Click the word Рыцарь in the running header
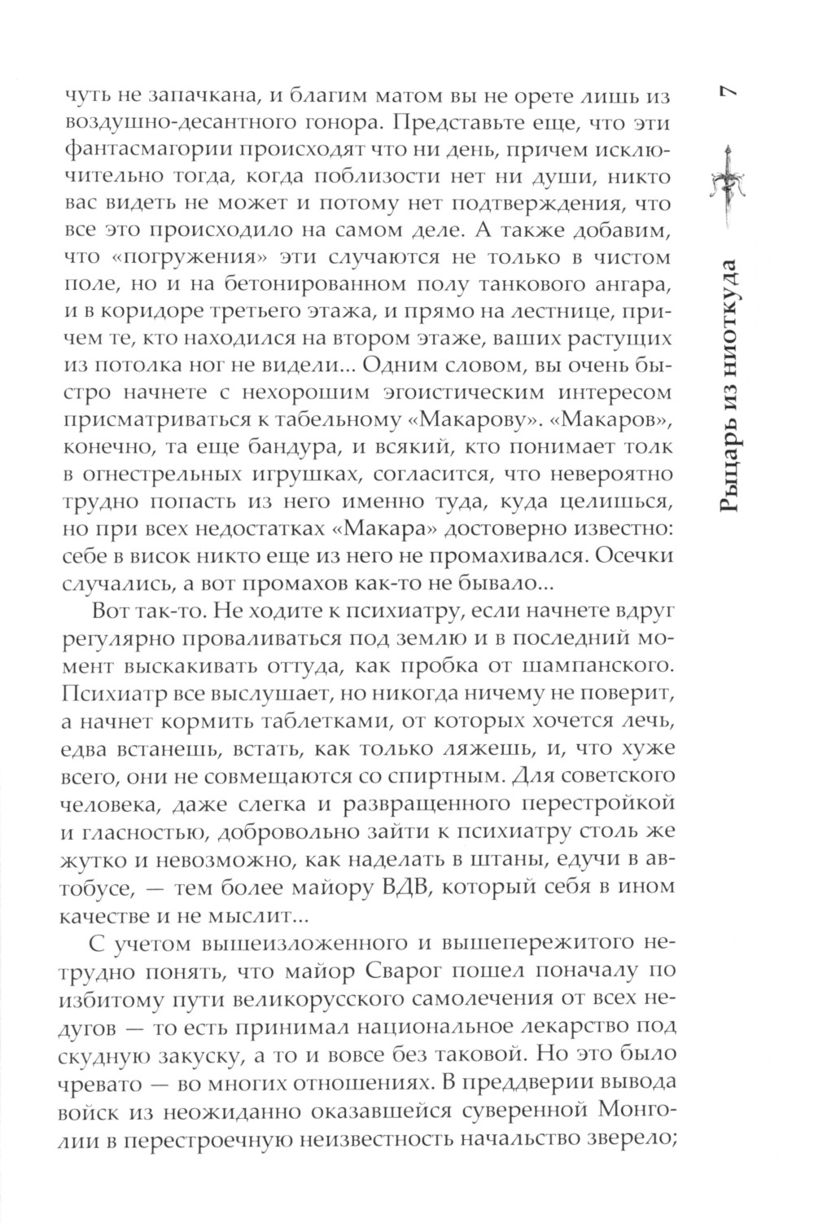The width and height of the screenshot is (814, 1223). pyautogui.click(x=729, y=467)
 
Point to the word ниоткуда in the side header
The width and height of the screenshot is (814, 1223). pyautogui.click(x=729, y=315)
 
